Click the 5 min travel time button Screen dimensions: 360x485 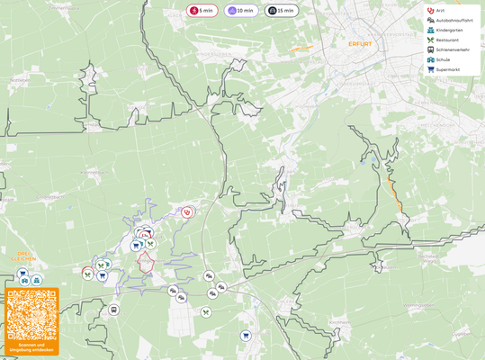[x=202, y=11]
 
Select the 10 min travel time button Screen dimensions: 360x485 [x=242, y=11]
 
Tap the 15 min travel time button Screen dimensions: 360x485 [x=282, y=11]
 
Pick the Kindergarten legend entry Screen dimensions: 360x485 [x=448, y=30]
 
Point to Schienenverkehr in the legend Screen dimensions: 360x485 [x=451, y=49]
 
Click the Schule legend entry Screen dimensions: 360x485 [x=442, y=59]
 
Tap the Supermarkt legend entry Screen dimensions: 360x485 [x=446, y=69]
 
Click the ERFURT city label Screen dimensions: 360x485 [x=347, y=43]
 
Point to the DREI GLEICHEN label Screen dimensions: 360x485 [x=20, y=256]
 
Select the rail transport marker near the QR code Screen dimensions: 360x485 [x=113, y=310]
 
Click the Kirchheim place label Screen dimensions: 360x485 [x=339, y=321]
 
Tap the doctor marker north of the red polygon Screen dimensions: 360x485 [x=187, y=212]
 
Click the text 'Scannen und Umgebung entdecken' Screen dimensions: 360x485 [x=31, y=347]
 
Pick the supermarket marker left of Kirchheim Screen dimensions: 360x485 [x=245, y=336]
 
